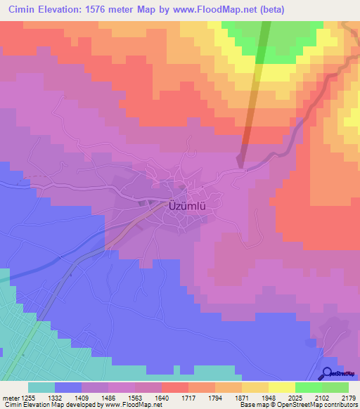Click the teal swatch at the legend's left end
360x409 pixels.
[x=41, y=387]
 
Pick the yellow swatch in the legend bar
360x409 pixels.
[x=281, y=387]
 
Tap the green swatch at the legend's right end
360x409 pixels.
[x=335, y=387]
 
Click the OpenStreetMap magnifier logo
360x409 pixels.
[x=328, y=374]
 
